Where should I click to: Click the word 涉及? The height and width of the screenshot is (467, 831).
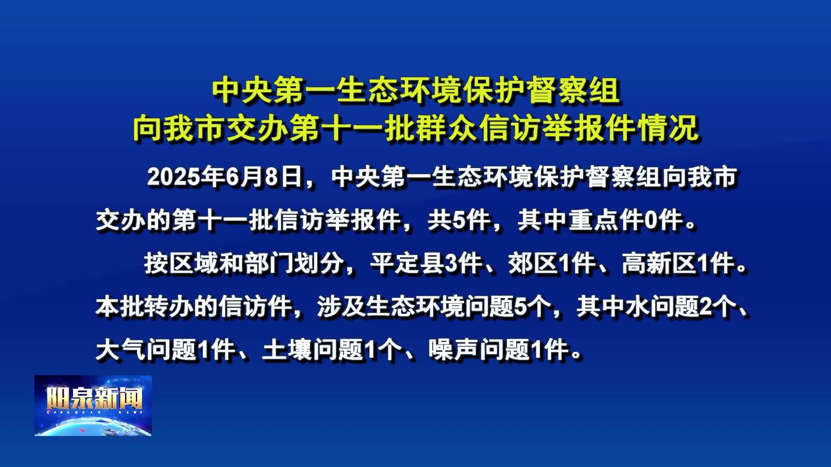[x=341, y=307]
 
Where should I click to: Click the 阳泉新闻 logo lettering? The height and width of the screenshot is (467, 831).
[x=94, y=398]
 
